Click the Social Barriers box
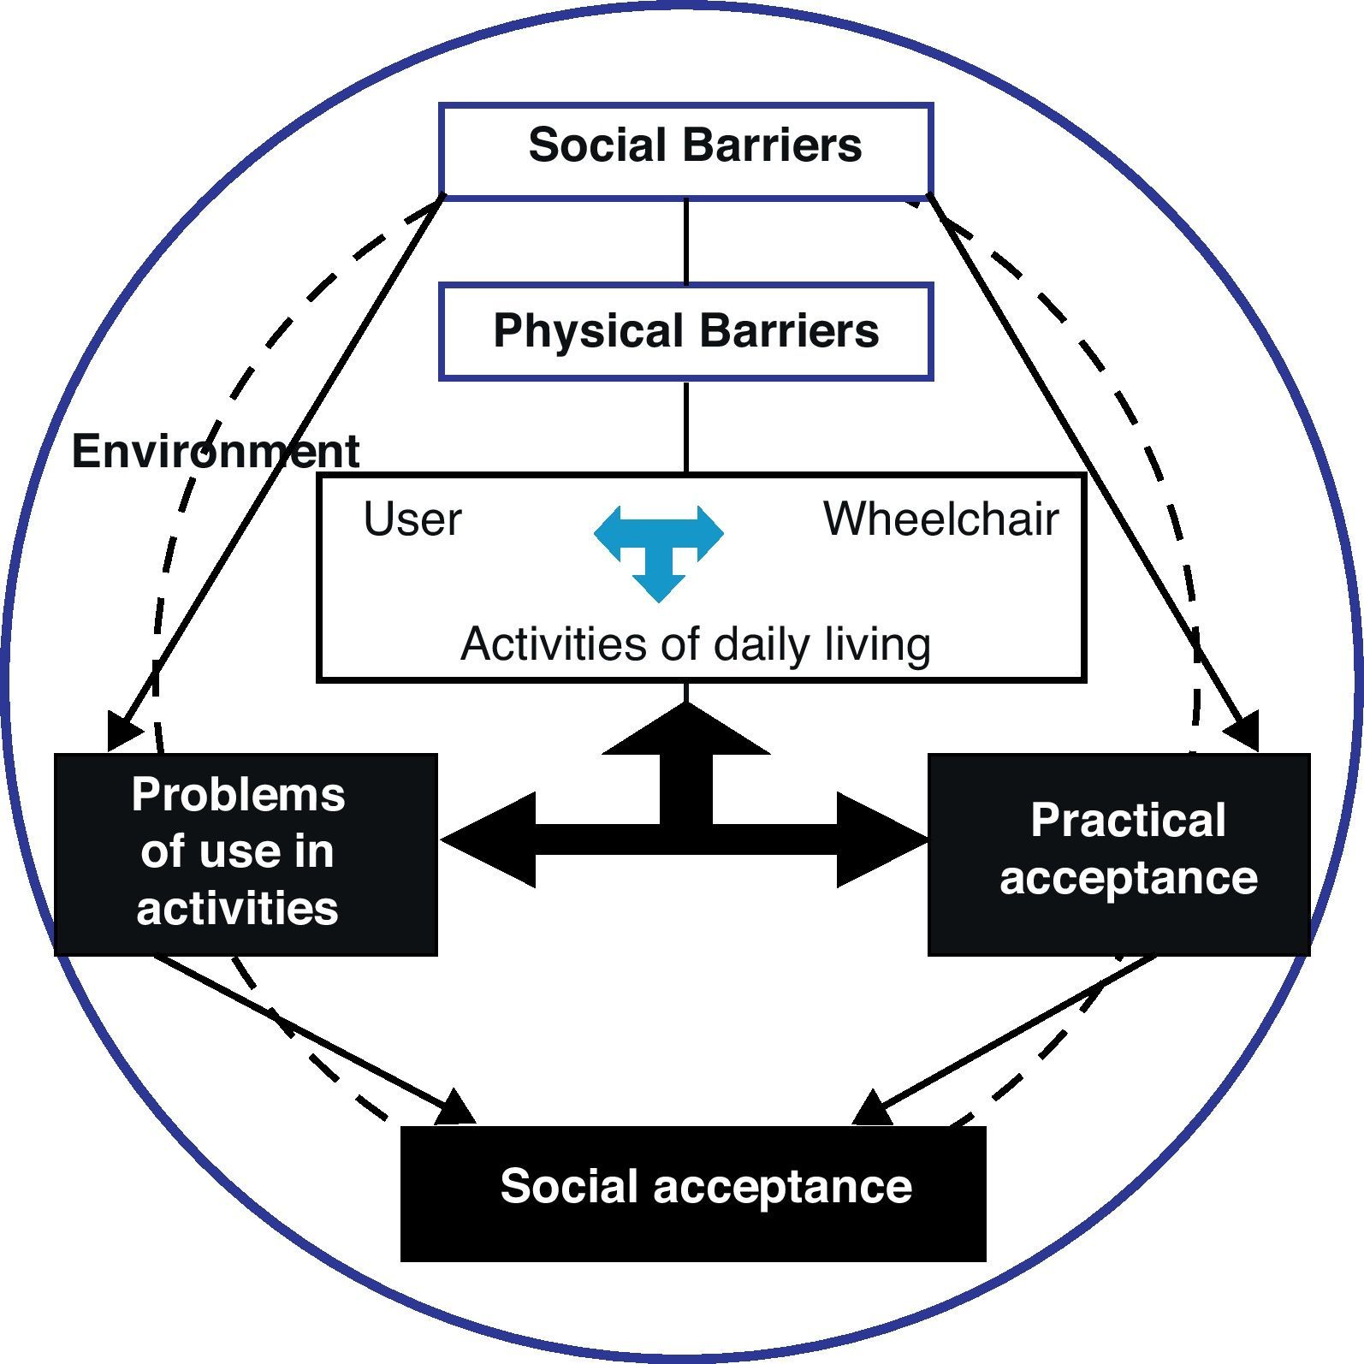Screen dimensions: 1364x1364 685,151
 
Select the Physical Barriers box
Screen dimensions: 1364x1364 685,332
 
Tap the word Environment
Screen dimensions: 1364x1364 215,451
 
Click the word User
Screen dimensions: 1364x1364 412,519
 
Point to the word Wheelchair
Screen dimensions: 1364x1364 940,519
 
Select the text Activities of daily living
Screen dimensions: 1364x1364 695,644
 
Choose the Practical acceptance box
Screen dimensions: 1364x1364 1118,853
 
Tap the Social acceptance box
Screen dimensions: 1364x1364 693,1192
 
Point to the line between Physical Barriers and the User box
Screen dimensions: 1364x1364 686,426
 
